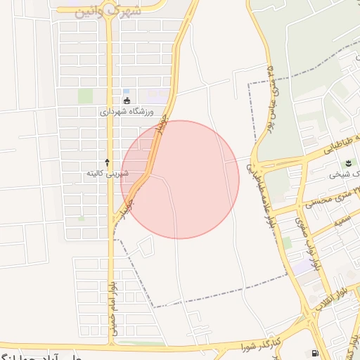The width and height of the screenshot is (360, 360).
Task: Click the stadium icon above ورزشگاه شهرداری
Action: [127, 99]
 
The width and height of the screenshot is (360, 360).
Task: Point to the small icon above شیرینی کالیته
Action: [107, 162]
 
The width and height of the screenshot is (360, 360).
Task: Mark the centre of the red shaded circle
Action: [180, 179]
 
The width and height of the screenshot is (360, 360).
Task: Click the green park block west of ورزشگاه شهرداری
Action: [85, 96]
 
